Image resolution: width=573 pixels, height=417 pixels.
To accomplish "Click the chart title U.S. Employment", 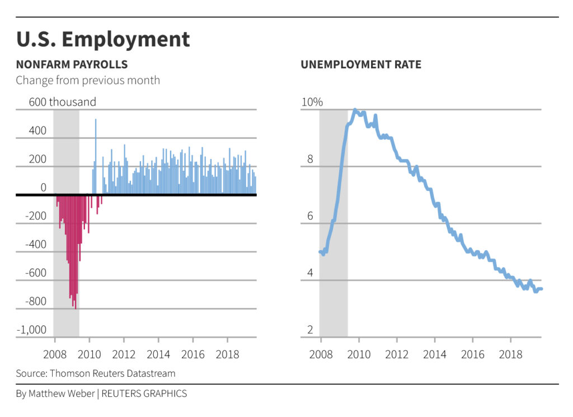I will pos(103,40).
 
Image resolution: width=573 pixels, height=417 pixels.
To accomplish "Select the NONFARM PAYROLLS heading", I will pos(72,64).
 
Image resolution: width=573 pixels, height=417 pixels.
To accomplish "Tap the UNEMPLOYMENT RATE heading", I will pos(361,64).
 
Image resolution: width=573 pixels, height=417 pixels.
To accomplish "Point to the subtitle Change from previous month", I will pos(88,80).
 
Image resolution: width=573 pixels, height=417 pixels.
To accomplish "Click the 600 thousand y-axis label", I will pos(63,102).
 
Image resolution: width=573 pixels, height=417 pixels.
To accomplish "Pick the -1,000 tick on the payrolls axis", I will pos(31,330).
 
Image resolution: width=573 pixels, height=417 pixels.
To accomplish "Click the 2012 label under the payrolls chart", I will pos(124,355).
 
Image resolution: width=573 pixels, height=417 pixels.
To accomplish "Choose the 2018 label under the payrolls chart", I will pos(227,355).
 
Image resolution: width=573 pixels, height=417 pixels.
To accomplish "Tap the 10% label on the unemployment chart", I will pos(312,102).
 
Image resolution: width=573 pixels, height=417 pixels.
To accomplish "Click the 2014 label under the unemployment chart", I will pos(435,355).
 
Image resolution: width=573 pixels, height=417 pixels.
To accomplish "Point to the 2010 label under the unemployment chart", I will pos(359,355).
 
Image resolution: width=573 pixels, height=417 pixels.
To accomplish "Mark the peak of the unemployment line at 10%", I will pos(355,110).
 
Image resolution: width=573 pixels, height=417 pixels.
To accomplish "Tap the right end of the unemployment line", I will pos(541,289).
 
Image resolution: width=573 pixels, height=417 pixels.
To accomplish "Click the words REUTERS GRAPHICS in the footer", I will pos(144,393).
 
